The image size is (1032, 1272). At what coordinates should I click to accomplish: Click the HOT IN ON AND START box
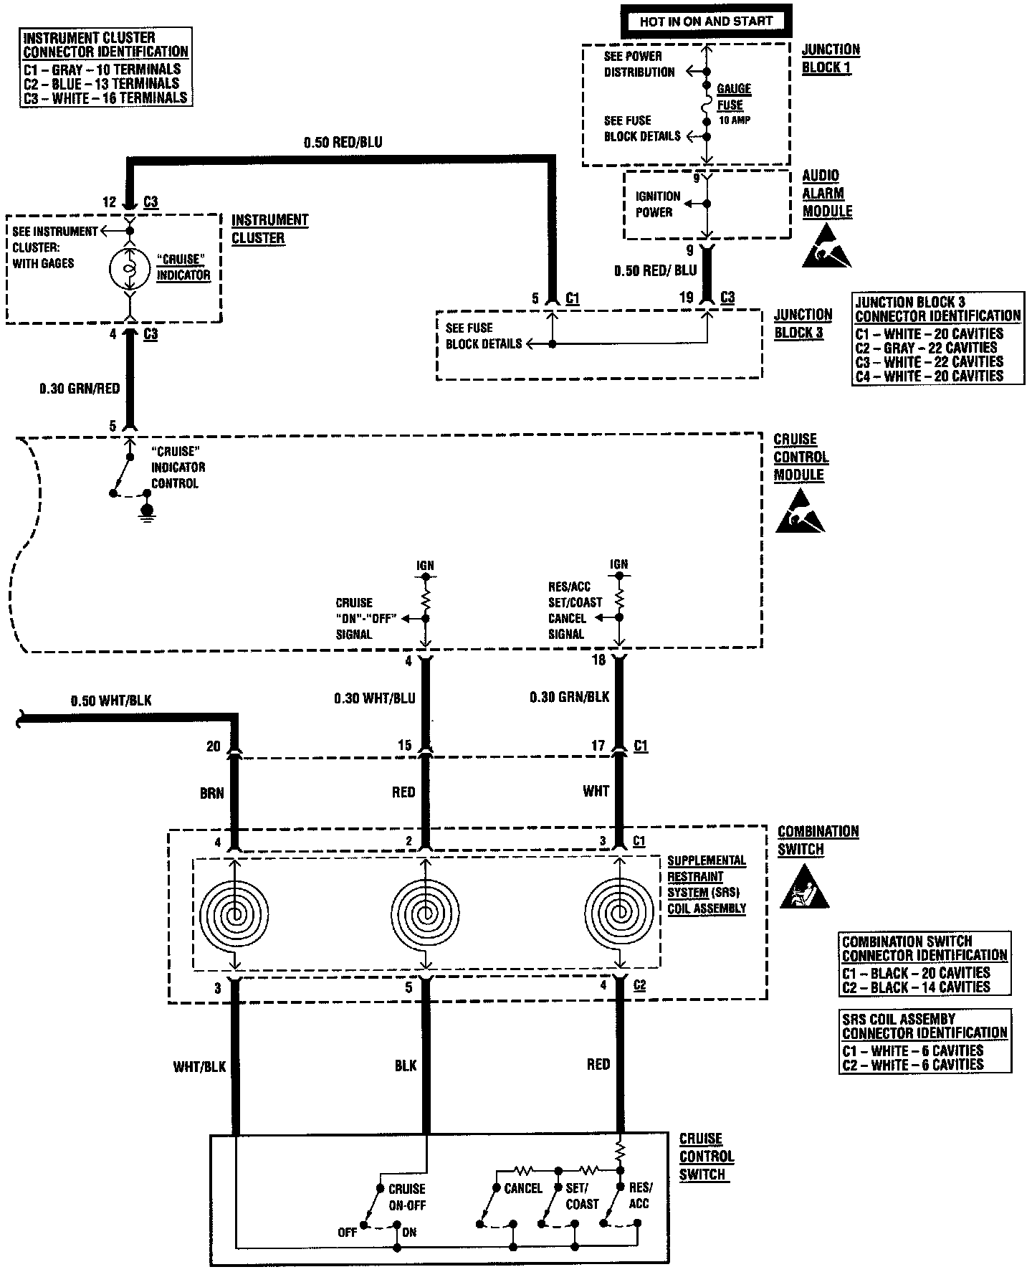(x=706, y=22)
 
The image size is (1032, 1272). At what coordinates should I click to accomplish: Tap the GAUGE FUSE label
(x=734, y=97)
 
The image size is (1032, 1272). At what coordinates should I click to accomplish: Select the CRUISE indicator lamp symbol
(x=130, y=268)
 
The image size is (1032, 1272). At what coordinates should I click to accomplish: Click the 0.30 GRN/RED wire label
(x=80, y=389)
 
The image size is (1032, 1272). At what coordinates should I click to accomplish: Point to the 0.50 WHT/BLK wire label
(x=111, y=701)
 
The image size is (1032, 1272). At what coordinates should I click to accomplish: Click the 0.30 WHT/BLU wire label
(x=375, y=698)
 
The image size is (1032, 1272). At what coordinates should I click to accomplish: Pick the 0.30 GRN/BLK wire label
(x=570, y=696)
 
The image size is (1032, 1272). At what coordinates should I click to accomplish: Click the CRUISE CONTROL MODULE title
(x=801, y=457)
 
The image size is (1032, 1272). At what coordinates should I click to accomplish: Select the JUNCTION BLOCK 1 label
(x=831, y=58)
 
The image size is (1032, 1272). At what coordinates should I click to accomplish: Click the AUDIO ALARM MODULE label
(x=827, y=194)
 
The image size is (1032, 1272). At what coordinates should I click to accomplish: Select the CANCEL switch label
(x=523, y=1188)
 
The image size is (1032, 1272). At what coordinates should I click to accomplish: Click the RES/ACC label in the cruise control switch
(x=639, y=1195)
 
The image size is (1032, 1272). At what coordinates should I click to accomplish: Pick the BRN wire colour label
(x=212, y=792)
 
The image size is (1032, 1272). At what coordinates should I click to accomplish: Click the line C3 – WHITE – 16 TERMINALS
(x=105, y=98)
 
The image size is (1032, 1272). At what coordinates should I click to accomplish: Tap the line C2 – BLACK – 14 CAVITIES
(x=916, y=987)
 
